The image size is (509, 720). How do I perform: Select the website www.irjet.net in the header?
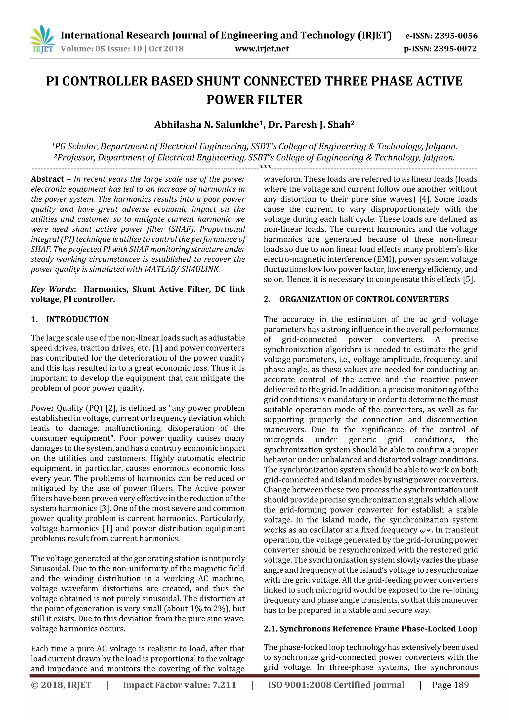262,49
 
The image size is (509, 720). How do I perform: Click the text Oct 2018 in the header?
166,49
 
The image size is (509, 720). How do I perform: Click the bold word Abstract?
47,179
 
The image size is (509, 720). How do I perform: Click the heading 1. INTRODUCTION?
70,319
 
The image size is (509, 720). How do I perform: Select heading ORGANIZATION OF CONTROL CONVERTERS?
364,299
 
